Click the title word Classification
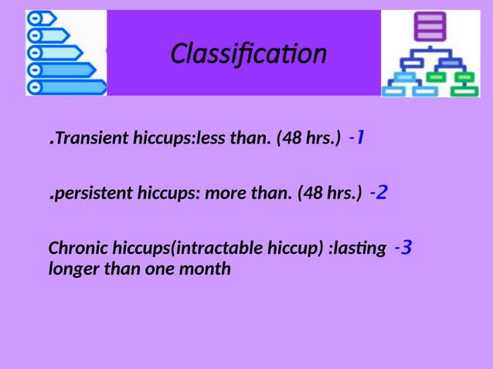click(248, 54)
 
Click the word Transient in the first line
click(83, 140)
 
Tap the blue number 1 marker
click(357, 138)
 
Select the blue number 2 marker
click(379, 191)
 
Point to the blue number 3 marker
click(403, 248)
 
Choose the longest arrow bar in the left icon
click(68, 86)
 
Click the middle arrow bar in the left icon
click(56, 52)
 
